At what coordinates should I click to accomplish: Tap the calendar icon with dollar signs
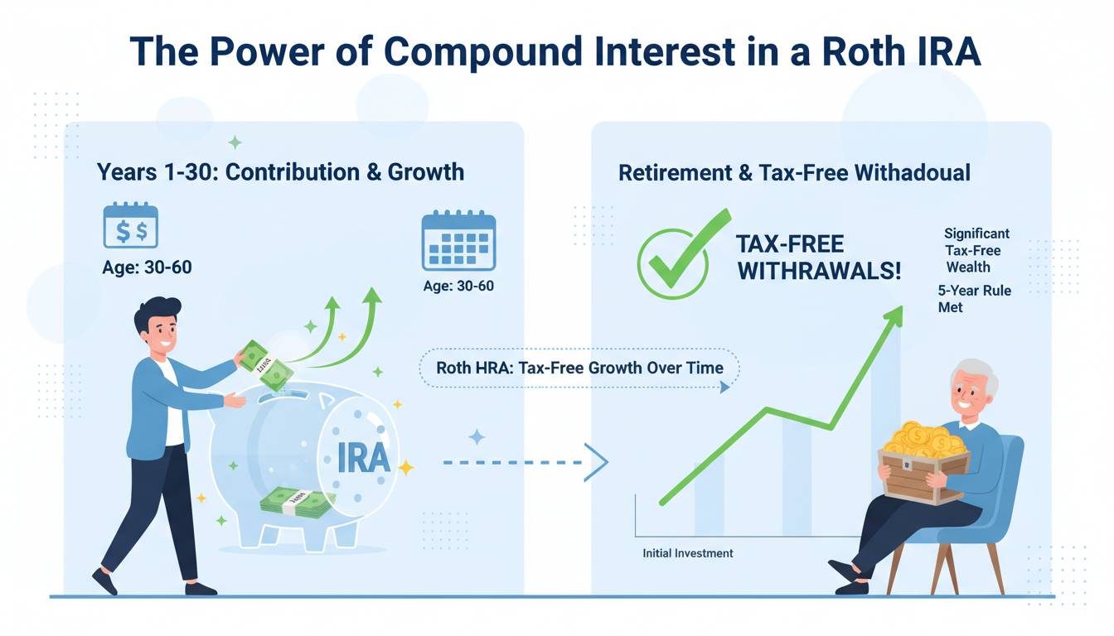(131, 225)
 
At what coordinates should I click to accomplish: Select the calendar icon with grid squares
(458, 240)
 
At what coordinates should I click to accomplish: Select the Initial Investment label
(688, 553)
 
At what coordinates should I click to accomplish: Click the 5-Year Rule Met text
(974, 299)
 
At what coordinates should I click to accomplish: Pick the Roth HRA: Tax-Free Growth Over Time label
(580, 368)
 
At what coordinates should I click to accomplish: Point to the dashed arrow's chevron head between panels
(596, 463)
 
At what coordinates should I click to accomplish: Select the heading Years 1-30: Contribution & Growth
(280, 172)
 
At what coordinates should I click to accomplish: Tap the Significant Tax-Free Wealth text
(976, 250)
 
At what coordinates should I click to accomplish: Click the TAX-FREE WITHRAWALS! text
(819, 258)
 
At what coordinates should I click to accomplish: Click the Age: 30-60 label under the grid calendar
(458, 286)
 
